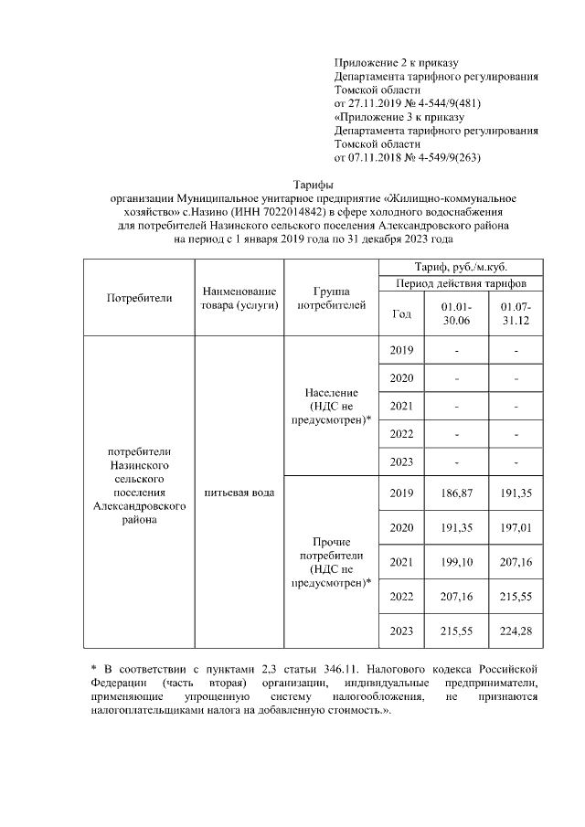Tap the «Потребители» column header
pyautogui.click(x=139, y=298)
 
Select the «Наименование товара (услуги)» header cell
pyautogui.click(x=239, y=298)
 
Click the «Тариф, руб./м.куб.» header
pyautogui.click(x=461, y=267)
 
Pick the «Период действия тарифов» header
pyautogui.click(x=461, y=283)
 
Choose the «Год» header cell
pyautogui.click(x=400, y=313)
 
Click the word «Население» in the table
pyautogui.click(x=331, y=392)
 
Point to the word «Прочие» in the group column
pyautogui.click(x=331, y=540)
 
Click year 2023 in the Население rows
pyautogui.click(x=400, y=461)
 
